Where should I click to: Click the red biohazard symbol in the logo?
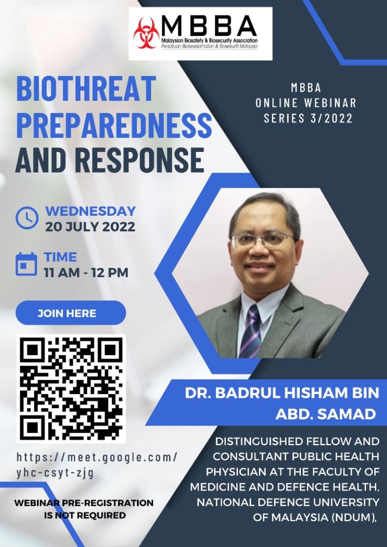pyautogui.click(x=147, y=33)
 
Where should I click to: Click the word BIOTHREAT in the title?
pyautogui.click(x=86, y=89)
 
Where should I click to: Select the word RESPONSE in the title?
pyautogui.click(x=139, y=160)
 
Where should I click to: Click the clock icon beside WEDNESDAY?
pyautogui.click(x=27, y=218)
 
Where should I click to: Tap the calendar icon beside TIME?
pyautogui.click(x=26, y=264)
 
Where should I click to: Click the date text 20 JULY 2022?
pyautogui.click(x=90, y=227)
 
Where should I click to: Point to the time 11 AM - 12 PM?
pyautogui.click(x=86, y=272)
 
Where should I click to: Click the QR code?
pyautogui.click(x=71, y=388)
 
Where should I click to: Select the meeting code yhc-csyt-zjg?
pyautogui.click(x=55, y=473)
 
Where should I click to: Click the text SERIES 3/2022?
pyautogui.click(x=308, y=118)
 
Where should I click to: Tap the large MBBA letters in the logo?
pyautogui.click(x=209, y=26)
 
